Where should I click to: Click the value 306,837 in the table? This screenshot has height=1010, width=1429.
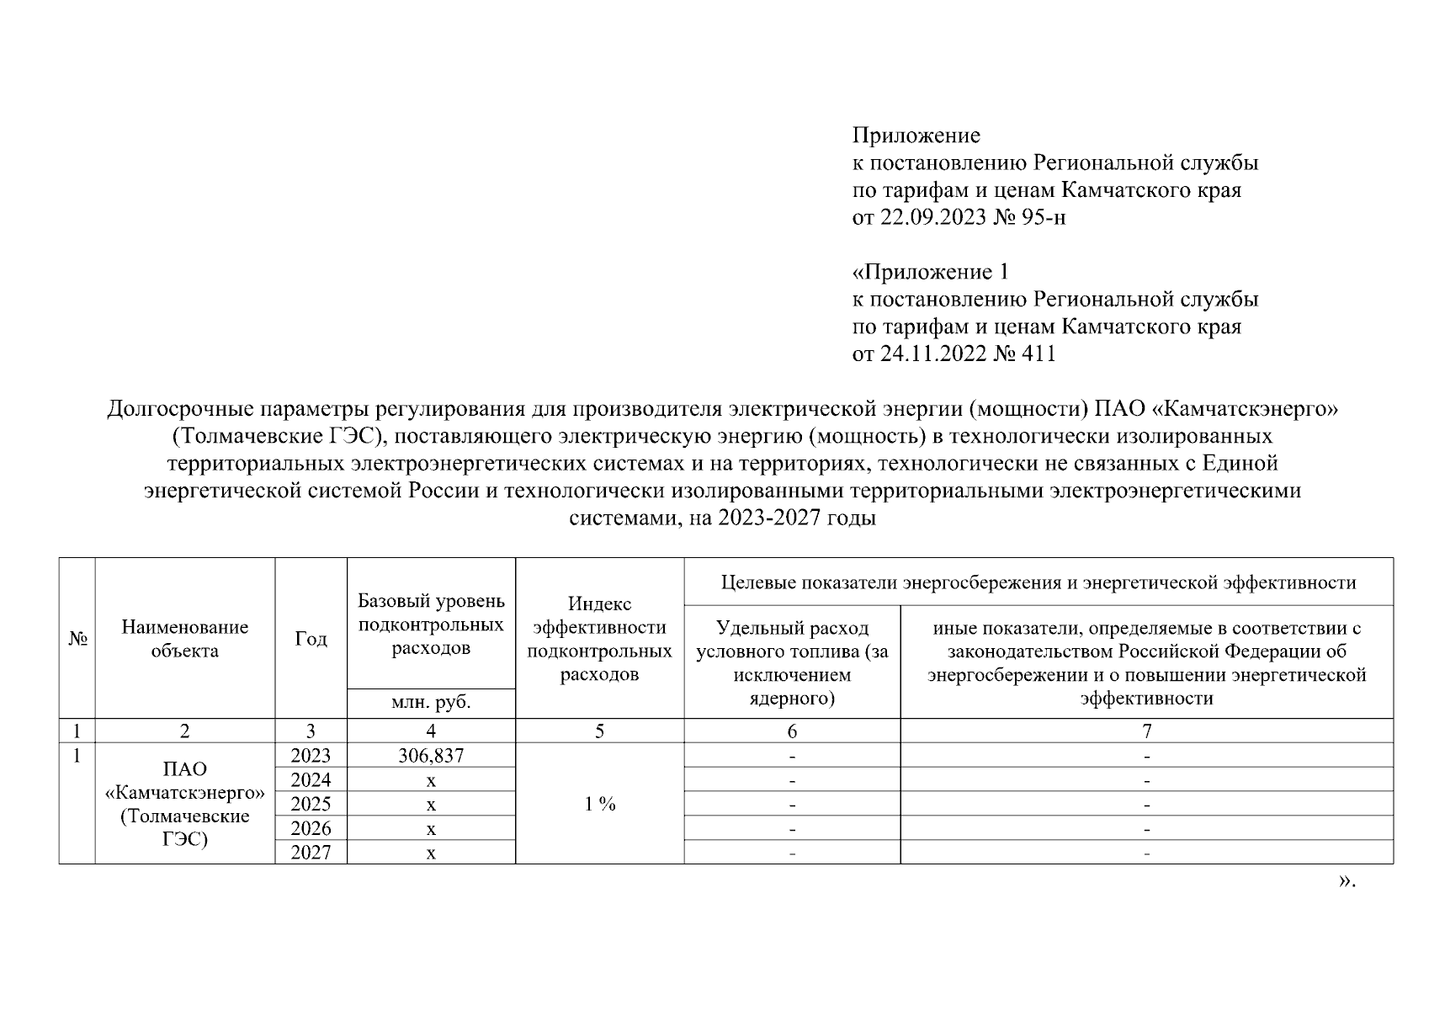pos(431,756)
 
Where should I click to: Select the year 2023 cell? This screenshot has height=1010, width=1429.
pos(311,756)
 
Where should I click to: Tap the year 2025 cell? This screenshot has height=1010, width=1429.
pos(311,804)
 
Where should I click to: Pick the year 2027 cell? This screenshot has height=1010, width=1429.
pos(311,853)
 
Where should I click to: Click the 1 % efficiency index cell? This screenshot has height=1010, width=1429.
pos(599,804)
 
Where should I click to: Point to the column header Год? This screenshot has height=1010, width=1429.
pos(311,639)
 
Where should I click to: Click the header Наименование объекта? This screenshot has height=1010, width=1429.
pos(185,639)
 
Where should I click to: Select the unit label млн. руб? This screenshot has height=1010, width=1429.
pos(431,704)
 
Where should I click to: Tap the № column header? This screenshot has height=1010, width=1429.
pos(77,639)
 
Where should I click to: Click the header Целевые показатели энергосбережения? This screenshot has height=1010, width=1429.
pos(1039,582)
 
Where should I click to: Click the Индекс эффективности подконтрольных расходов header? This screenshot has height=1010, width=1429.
pos(599,639)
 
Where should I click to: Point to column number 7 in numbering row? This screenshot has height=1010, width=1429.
pos(1146,731)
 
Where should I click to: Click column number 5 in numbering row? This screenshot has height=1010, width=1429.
pos(599,731)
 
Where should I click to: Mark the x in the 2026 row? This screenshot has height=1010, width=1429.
pos(431,829)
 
